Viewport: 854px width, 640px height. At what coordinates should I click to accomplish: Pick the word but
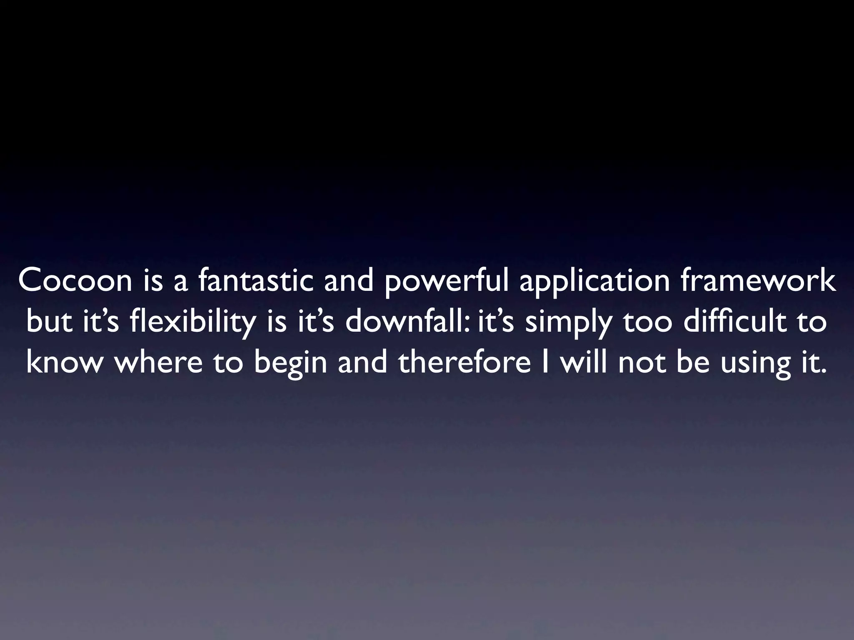(51, 322)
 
